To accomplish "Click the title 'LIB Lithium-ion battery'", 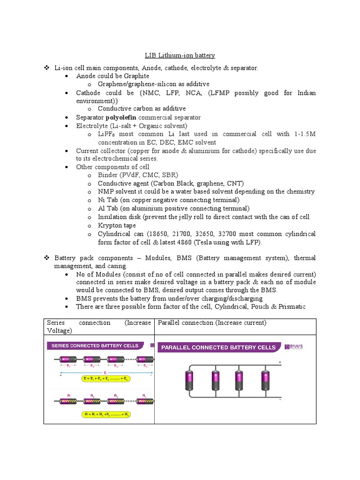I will pyautogui.click(x=180, y=55).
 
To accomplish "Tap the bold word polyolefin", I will pyautogui.click(x=121, y=118).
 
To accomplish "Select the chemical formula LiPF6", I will pyautogui.click(x=106, y=135).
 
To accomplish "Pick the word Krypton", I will pyautogui.click(x=110, y=225).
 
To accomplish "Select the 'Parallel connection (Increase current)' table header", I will pyautogui.click(x=212, y=323).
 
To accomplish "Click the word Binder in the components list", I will pyautogui.click(x=108, y=175).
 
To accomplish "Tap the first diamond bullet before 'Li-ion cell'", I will pyautogui.click(x=47, y=68).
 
